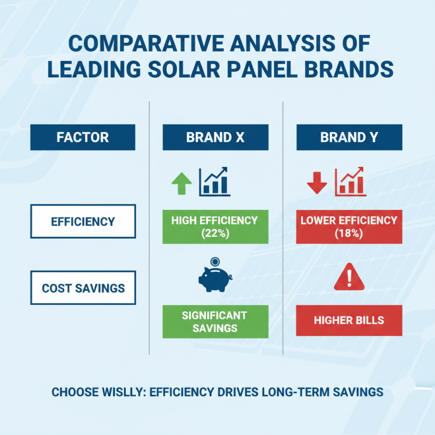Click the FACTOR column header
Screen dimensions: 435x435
pos(83,137)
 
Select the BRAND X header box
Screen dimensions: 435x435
pos(215,137)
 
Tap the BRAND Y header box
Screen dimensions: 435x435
pos(349,137)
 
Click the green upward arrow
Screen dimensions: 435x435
pos(182,184)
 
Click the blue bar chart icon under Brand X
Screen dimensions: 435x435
pos(215,182)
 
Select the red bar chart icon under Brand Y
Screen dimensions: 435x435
pos(350,182)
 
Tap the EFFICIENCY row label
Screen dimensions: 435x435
pos(83,221)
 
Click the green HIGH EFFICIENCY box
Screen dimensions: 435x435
pos(215,226)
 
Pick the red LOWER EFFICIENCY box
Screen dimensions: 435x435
pos(349,226)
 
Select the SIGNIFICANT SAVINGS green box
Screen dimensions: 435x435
pos(215,321)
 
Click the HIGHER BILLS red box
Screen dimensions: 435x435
pos(349,320)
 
